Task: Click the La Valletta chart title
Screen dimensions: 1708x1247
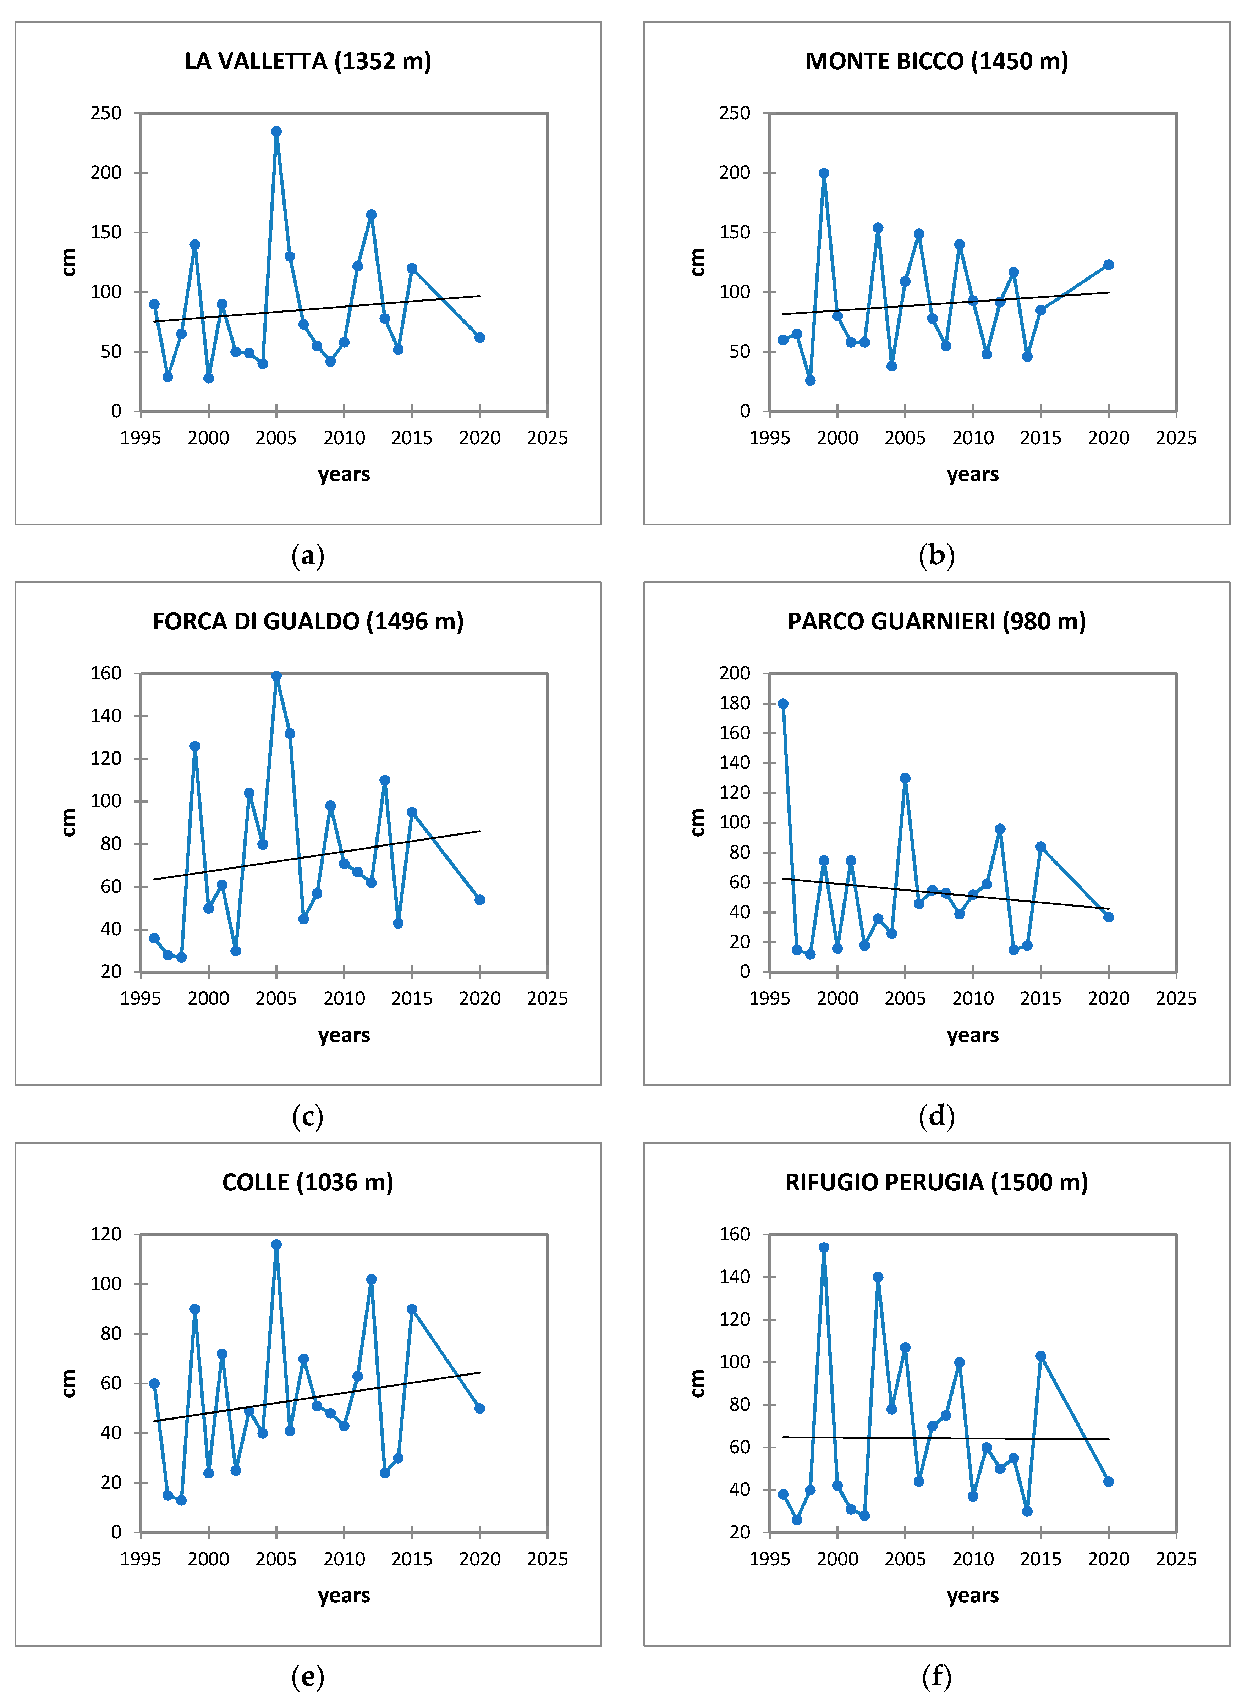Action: coord(308,61)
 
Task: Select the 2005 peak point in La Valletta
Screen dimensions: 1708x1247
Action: coord(276,131)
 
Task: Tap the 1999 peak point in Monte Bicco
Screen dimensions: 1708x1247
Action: coord(824,173)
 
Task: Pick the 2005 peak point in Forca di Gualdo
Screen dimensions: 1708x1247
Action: coord(276,676)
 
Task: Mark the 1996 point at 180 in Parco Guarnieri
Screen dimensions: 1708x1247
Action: coord(783,704)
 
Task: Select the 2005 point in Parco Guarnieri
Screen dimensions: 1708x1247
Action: coord(905,778)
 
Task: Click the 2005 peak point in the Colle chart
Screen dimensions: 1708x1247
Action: coord(276,1245)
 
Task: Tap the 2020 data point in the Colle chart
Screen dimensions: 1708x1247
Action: coord(479,1408)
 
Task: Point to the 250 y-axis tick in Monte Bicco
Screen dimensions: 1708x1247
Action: coord(735,113)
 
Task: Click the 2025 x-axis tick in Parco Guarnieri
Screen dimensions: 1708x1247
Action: coord(1175,998)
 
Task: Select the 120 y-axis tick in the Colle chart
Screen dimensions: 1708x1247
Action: coord(106,1234)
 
